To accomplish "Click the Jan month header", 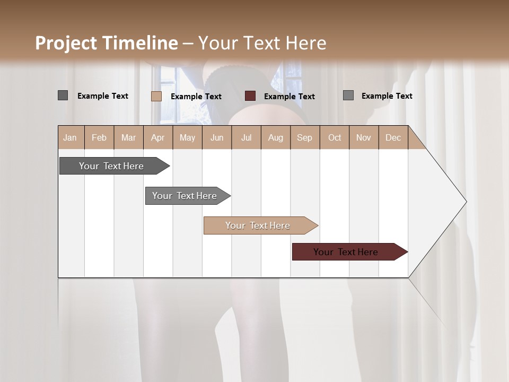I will (70, 137).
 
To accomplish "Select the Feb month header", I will (99, 137).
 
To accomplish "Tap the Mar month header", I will (128, 137).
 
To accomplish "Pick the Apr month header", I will (157, 137).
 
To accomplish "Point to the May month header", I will (187, 137).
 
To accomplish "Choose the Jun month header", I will (217, 137).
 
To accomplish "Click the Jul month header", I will (246, 137).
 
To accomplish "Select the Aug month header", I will (275, 137).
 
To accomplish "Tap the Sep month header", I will (304, 137).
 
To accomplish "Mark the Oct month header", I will (335, 137).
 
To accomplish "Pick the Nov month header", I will (364, 137).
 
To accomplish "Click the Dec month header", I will (393, 137).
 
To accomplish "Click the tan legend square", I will (156, 96).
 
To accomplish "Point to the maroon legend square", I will (250, 96).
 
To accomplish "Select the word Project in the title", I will (66, 43).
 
